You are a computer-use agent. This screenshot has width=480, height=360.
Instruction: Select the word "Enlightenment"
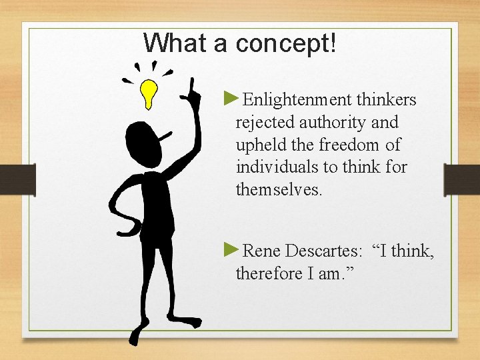(297, 100)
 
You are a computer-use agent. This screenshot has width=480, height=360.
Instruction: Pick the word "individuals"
(273, 167)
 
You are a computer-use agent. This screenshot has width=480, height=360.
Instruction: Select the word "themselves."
(279, 189)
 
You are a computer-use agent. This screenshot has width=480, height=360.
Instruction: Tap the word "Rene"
(262, 251)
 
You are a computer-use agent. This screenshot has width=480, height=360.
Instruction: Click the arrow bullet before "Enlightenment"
(231, 99)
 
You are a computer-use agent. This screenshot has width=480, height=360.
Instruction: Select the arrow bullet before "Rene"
(231, 250)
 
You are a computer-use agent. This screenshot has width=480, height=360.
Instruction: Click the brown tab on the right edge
(462, 180)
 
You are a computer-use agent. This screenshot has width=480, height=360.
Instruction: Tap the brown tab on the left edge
(17, 180)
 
